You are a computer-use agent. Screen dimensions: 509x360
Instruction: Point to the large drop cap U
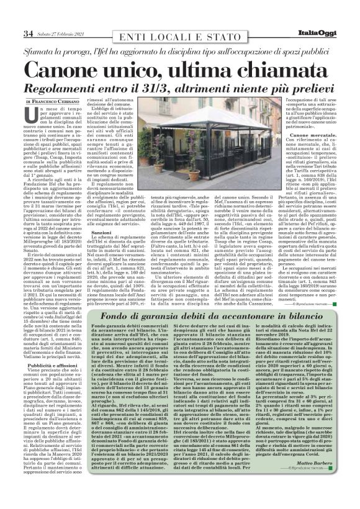coord(32,114)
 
